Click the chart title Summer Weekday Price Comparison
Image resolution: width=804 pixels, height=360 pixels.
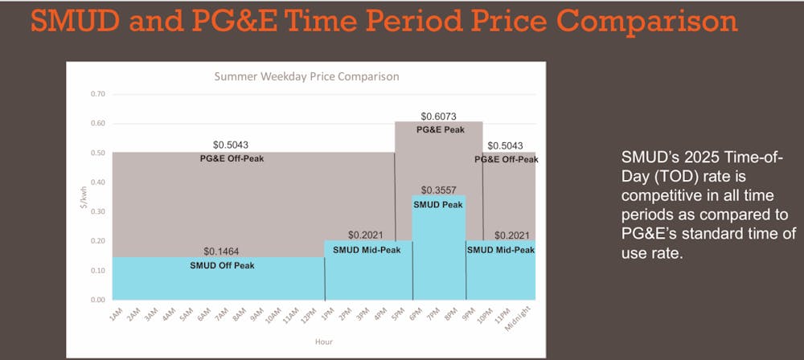tap(306, 77)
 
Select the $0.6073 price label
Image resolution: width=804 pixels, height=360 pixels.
tap(438, 117)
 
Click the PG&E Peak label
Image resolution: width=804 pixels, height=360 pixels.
tap(439, 129)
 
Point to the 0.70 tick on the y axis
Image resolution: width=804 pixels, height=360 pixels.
tap(97, 94)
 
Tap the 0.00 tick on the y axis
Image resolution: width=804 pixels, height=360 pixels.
tap(97, 300)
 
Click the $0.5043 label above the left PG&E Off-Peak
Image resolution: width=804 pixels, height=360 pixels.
tap(231, 145)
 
